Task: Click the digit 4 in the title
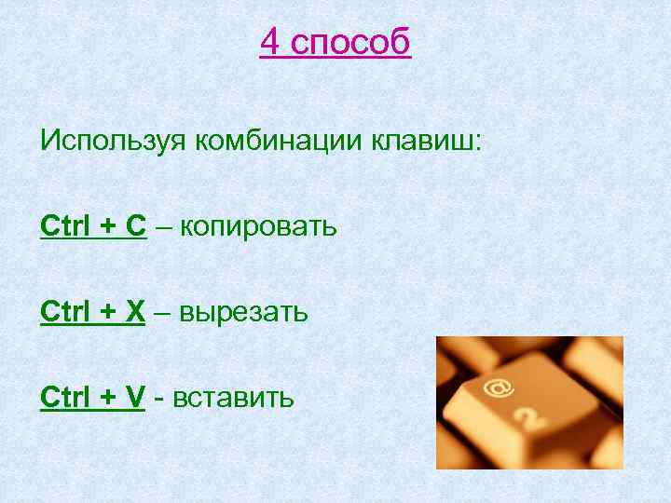pos(269,42)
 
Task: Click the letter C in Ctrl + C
pos(136,226)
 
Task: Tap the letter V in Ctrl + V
pos(135,398)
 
